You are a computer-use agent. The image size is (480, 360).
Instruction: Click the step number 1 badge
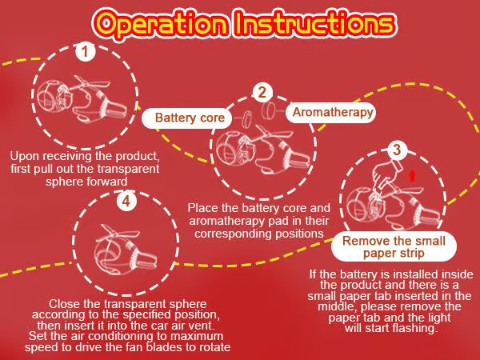click(x=86, y=51)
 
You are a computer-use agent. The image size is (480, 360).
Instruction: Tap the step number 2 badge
click(x=262, y=92)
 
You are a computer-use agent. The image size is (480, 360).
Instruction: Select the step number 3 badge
click(x=397, y=150)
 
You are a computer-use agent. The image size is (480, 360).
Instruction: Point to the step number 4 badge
click(x=126, y=201)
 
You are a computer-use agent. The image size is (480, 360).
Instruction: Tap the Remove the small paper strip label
click(x=394, y=246)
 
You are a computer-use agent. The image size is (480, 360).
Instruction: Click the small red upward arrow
click(x=412, y=175)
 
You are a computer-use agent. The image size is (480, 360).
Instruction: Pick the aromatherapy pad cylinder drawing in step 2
click(x=269, y=110)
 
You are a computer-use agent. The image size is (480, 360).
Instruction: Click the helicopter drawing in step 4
click(x=126, y=249)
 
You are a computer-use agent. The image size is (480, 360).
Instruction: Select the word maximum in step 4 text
click(x=197, y=336)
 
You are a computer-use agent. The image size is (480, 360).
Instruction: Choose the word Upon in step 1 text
click(x=25, y=156)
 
